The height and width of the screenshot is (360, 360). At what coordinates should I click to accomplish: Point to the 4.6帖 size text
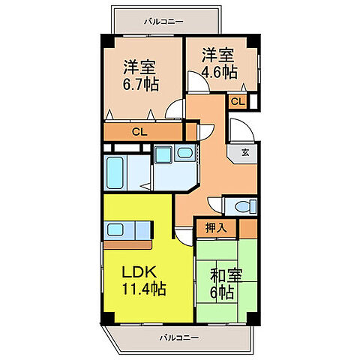coord(218,73)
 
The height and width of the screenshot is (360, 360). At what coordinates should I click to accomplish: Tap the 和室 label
coord(226,275)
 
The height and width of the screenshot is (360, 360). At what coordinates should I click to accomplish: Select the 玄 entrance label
coord(245,152)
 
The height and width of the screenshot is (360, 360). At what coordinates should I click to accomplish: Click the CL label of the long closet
coord(139,132)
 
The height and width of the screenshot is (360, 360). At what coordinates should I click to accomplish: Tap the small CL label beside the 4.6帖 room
coord(236,101)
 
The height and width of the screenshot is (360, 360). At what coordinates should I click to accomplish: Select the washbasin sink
coord(184,154)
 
